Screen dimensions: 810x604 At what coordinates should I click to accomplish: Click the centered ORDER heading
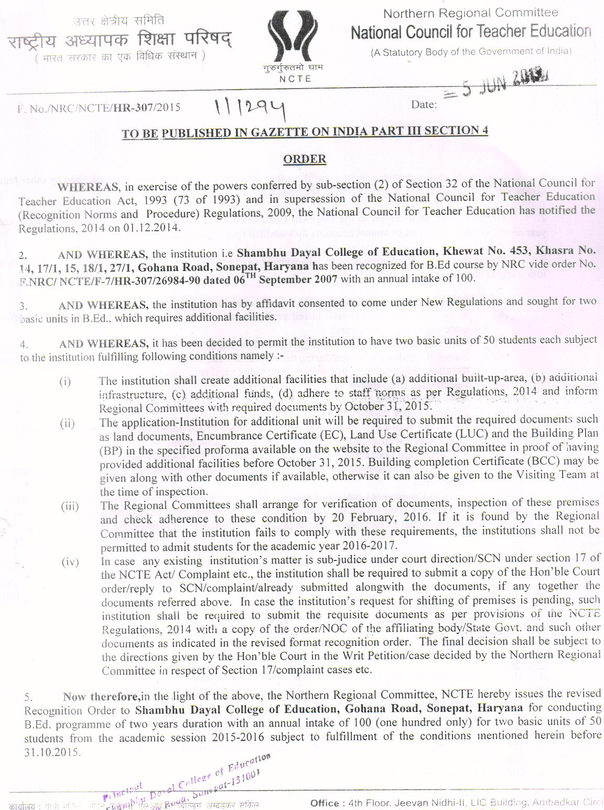305,159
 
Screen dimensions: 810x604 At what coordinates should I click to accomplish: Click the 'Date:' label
424,104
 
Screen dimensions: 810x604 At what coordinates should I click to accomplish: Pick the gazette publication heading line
305,132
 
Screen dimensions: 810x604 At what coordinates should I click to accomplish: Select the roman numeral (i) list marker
65,381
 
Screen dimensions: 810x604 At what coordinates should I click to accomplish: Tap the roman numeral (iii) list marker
69,506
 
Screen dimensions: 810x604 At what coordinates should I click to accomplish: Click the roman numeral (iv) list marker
70,562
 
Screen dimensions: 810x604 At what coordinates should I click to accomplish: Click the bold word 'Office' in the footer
323,803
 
